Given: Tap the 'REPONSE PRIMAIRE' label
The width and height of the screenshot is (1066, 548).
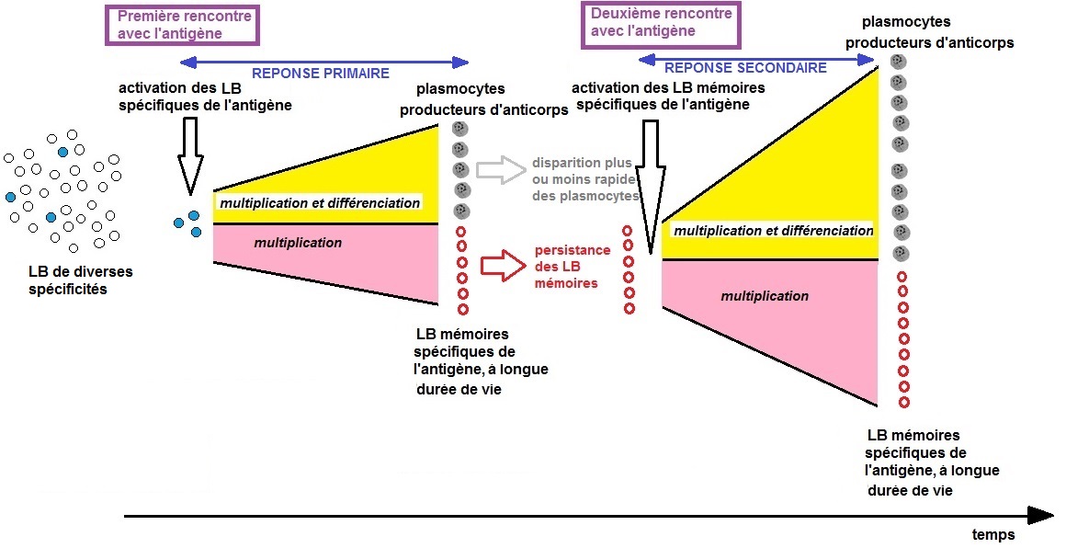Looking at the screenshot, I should [x=322, y=74].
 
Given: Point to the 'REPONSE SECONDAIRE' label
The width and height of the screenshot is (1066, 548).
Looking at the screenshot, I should [x=745, y=67].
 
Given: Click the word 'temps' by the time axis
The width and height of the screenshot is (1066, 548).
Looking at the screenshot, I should [x=992, y=534].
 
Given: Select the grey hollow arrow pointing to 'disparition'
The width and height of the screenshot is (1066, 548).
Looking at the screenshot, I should [x=499, y=169].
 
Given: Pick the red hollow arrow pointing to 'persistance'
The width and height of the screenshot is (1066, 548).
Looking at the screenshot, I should [x=500, y=265].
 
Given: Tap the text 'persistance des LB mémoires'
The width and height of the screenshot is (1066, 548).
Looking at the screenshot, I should [x=572, y=266].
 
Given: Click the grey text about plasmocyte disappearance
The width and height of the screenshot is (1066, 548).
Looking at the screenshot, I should [x=585, y=178].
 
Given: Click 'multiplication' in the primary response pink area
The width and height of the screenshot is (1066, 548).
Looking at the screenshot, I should [x=298, y=243].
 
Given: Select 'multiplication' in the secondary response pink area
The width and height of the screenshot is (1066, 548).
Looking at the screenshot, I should [x=765, y=296].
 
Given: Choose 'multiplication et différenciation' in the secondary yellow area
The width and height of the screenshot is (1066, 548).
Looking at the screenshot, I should [x=773, y=231].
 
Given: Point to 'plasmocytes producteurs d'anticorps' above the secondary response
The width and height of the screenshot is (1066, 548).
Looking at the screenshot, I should [x=929, y=32].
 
